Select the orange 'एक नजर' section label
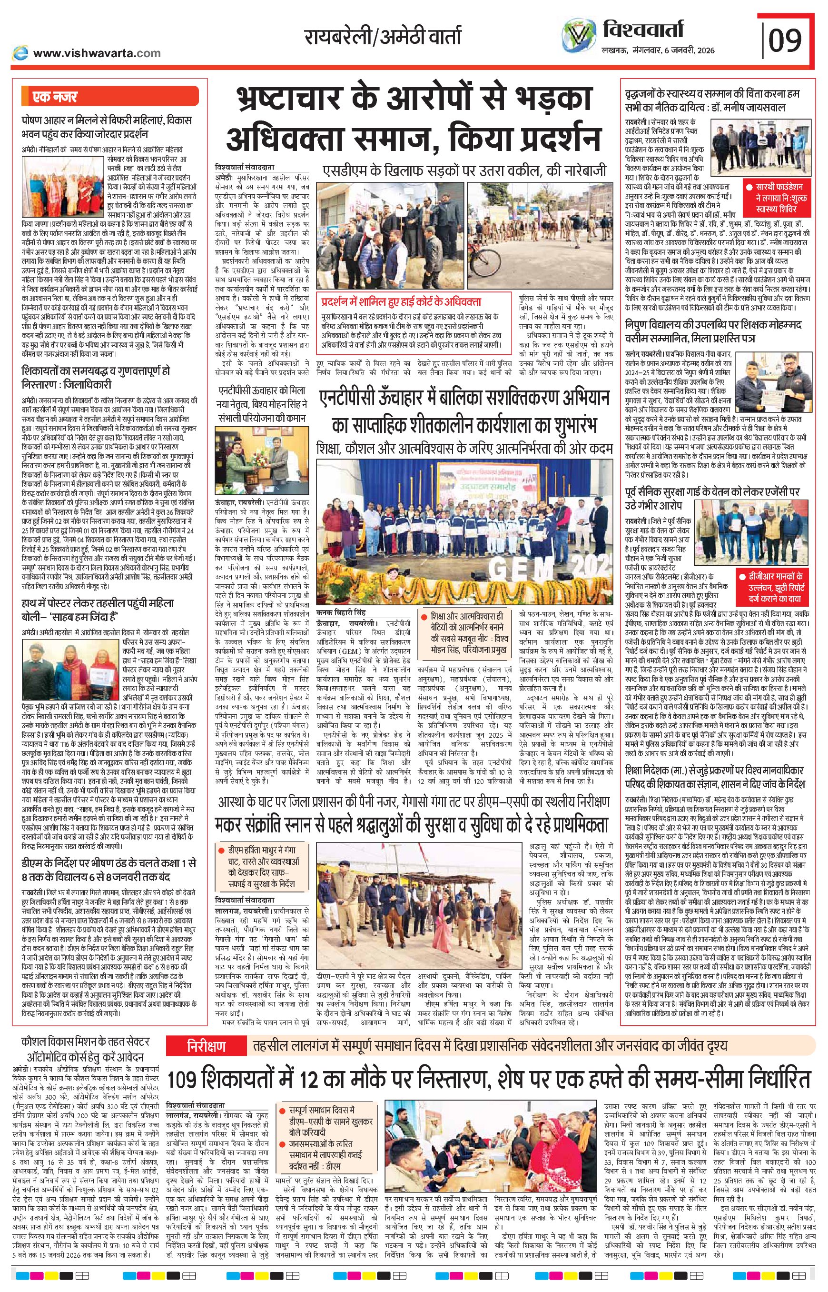coord(55,98)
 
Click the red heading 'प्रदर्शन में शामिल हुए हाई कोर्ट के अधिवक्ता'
coord(401,301)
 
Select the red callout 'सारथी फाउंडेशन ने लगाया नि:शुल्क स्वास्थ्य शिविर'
coord(779,195)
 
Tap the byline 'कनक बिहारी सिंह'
coord(341,612)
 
